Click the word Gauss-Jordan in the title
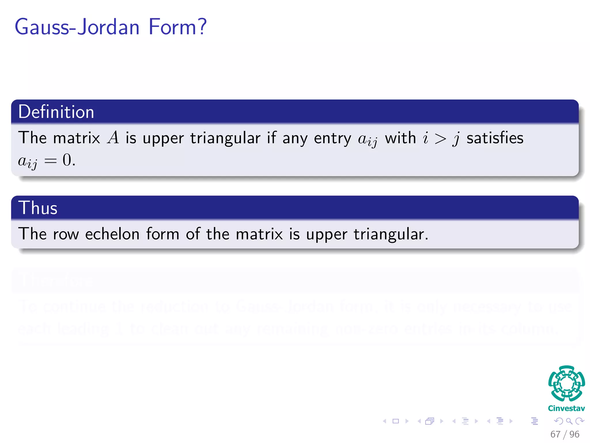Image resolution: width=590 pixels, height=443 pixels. tap(77, 27)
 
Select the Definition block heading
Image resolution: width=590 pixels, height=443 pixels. tap(56, 112)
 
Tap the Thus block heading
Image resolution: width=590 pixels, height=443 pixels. tap(38, 208)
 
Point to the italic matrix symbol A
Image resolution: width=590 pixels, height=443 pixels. tap(113, 138)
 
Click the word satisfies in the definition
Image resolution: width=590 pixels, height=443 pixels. tap(495, 138)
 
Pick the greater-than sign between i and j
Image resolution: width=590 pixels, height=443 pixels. tap(440, 139)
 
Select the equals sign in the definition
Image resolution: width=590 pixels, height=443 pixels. tap(50, 161)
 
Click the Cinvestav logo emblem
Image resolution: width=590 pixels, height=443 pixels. tap(566, 383)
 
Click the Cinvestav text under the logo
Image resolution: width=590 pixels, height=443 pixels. tap(566, 408)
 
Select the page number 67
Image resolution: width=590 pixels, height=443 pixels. tap(555, 434)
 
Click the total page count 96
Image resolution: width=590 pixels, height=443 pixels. tap(574, 434)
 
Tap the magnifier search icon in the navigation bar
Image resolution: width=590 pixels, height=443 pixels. tap(569, 421)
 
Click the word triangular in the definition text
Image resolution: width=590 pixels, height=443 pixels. tap(225, 138)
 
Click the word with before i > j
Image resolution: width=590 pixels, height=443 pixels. tap(400, 138)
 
